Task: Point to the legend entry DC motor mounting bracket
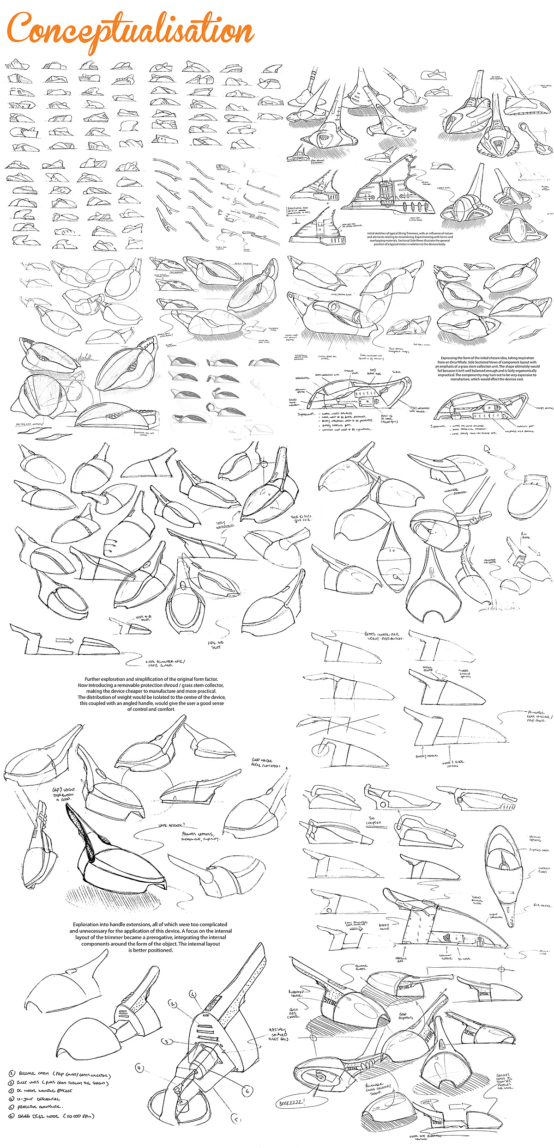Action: click(44, 1091)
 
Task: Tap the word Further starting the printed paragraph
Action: click(94, 679)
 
